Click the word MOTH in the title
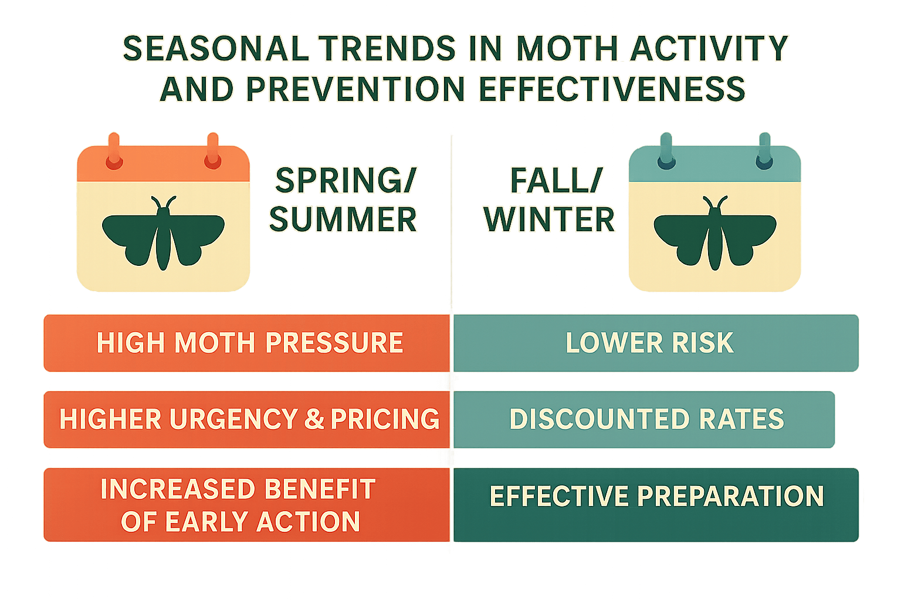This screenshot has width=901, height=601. point(568,48)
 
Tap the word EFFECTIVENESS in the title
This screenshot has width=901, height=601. point(612,89)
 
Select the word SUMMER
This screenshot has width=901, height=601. point(343,220)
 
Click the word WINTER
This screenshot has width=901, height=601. point(550,220)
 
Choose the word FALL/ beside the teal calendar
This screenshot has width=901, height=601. point(557,180)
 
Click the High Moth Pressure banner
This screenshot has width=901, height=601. point(246,343)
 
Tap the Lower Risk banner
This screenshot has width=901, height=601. point(656,343)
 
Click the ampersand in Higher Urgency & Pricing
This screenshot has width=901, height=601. point(314,419)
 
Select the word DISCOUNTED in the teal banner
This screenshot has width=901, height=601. point(599,419)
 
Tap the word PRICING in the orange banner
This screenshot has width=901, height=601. point(385,419)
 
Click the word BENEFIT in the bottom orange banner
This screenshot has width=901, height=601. point(320,489)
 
